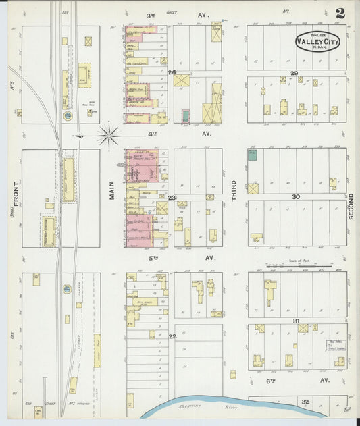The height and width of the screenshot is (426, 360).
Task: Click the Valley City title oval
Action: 318,41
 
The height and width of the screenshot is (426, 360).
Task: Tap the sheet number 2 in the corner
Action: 340,14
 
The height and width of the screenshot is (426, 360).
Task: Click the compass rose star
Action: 108,135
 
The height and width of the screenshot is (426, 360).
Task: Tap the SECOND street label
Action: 351,201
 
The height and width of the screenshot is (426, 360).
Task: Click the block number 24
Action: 172,72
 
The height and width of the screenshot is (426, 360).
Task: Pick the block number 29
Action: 294,72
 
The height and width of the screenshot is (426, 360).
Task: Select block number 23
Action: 172,197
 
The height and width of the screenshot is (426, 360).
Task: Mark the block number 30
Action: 295,196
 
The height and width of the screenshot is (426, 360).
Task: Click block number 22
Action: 172,336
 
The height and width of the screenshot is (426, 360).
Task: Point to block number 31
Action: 295,321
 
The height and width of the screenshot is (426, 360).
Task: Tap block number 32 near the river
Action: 305,402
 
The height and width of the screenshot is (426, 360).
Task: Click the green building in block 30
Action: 252,155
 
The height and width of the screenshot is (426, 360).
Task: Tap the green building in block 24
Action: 185,115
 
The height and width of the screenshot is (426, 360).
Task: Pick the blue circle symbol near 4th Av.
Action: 68,116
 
